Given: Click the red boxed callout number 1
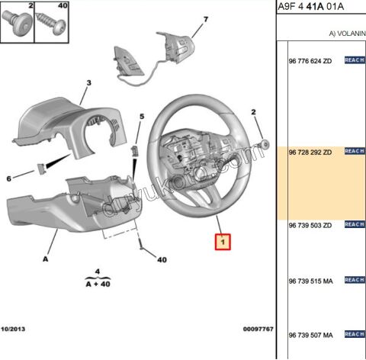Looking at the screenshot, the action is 223,242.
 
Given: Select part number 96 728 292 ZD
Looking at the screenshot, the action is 310,153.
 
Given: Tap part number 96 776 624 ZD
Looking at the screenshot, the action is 310,61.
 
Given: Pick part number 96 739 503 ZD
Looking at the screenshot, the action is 310,225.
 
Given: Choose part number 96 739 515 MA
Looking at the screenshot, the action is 310,281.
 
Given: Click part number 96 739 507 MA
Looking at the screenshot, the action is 310,335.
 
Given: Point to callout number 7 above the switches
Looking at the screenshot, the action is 206,19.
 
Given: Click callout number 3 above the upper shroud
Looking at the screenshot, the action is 88,83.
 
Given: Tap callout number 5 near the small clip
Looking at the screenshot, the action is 142,117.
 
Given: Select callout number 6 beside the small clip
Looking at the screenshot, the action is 9,178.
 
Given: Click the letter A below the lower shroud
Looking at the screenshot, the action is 45,259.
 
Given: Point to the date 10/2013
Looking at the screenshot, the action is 13,329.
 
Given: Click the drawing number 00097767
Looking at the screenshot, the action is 258,329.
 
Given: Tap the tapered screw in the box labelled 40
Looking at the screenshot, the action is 50,23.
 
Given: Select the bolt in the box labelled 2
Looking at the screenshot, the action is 17,23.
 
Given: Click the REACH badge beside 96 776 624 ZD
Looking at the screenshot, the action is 355,60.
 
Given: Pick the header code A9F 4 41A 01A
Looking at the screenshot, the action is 310,6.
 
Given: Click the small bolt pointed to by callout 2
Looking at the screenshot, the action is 265,145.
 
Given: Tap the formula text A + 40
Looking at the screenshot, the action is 98,284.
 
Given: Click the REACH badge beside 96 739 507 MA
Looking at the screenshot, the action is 355,334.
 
